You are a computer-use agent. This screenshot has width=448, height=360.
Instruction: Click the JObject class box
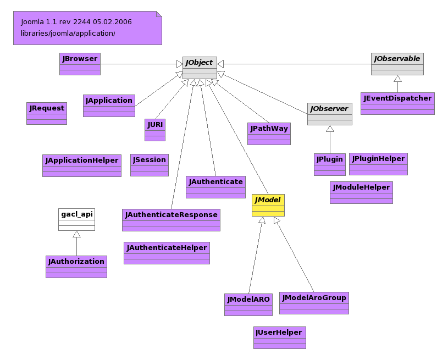click(200, 68)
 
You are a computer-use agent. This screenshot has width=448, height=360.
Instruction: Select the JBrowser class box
click(80, 64)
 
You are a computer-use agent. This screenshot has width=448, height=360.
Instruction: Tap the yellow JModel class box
click(268, 205)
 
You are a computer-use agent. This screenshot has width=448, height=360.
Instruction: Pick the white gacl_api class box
click(76, 219)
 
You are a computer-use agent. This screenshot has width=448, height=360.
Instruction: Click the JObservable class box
click(397, 64)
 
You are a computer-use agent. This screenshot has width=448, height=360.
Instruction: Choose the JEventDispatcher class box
click(397, 103)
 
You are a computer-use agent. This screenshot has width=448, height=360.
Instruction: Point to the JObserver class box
click(329, 114)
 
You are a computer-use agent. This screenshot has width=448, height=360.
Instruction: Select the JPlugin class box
click(330, 164)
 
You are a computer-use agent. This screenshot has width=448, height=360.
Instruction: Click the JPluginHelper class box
click(378, 164)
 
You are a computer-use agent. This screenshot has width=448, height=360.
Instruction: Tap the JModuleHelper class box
click(361, 192)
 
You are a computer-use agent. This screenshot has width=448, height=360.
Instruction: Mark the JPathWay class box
click(269, 134)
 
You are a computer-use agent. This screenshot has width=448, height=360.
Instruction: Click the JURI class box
click(155, 130)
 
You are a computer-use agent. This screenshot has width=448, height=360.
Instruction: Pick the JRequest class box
click(47, 113)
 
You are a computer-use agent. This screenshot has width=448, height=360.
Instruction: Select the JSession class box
click(150, 165)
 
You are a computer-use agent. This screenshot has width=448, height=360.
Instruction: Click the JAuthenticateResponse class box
click(171, 220)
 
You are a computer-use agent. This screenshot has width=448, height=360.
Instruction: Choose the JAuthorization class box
click(76, 267)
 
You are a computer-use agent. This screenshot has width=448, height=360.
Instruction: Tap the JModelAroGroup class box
click(314, 303)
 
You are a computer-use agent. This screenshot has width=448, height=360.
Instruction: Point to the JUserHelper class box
click(279, 337)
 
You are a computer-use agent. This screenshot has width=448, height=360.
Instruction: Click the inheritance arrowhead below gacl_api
click(76, 235)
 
